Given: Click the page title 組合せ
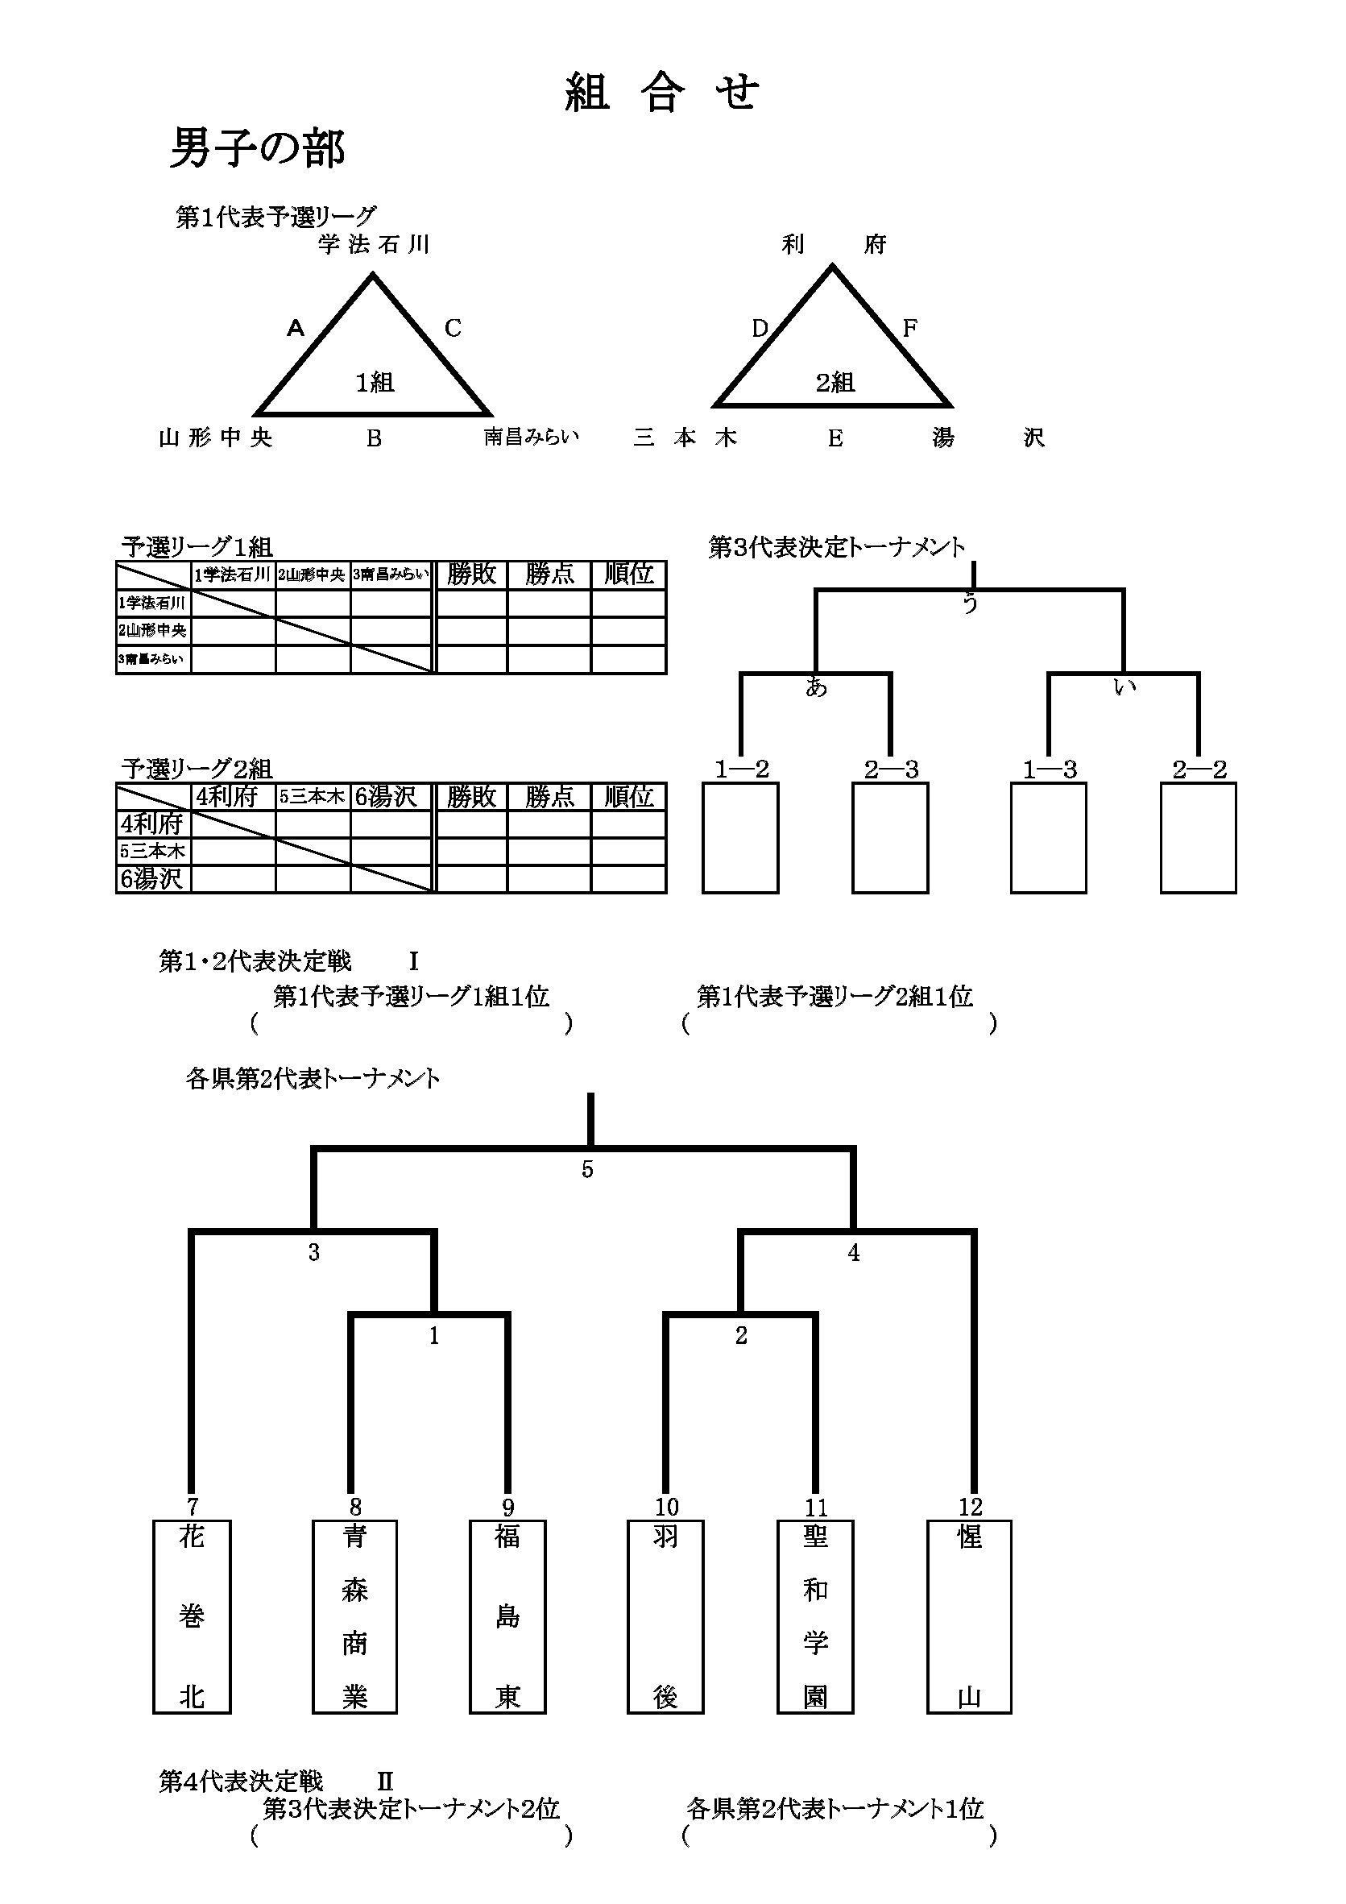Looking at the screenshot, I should pyautogui.click(x=661, y=92).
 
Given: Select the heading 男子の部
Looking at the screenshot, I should pyautogui.click(x=257, y=149).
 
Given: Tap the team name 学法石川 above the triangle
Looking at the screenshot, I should pyautogui.click(x=374, y=245).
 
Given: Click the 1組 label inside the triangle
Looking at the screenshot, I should pyautogui.click(x=375, y=382).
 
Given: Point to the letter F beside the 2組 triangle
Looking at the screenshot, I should pyautogui.click(x=909, y=329).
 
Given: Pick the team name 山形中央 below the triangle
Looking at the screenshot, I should pyautogui.click(x=216, y=438).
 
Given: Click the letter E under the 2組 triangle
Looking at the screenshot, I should pyautogui.click(x=835, y=438).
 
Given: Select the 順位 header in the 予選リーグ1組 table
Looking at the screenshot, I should pyautogui.click(x=628, y=575).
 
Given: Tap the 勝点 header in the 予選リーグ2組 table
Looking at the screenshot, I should pyautogui.click(x=549, y=797).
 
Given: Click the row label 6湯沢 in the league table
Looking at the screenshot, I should pyautogui.click(x=152, y=879).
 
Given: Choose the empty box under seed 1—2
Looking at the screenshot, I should pyautogui.click(x=740, y=837).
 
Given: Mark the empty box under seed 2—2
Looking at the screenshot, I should pyautogui.click(x=1199, y=837).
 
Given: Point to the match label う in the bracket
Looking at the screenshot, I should pyautogui.click(x=970, y=604).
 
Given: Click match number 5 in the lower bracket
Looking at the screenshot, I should pyautogui.click(x=586, y=1170).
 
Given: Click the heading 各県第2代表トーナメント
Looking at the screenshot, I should pyautogui.click(x=313, y=1079).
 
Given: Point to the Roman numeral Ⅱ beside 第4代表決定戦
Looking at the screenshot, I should pyautogui.click(x=385, y=1781).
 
